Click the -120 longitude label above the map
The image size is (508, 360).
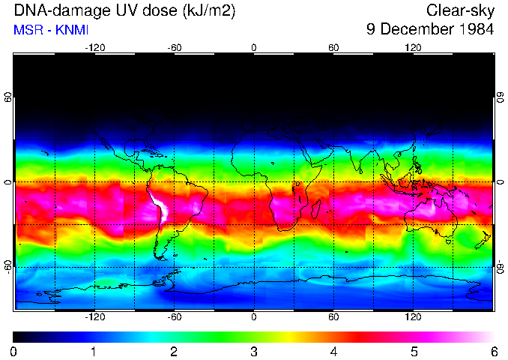click(x=94, y=47)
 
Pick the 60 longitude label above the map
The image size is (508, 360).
click(x=333, y=47)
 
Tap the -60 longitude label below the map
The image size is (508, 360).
click(x=174, y=317)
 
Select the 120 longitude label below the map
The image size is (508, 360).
click(x=413, y=317)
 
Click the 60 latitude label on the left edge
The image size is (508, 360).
click(x=7, y=97)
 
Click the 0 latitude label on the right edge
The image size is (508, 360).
click(x=500, y=182)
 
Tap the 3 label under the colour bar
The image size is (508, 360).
click(x=254, y=351)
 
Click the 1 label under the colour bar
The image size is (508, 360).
click(x=94, y=351)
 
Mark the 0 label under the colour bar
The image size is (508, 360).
click(x=14, y=351)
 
